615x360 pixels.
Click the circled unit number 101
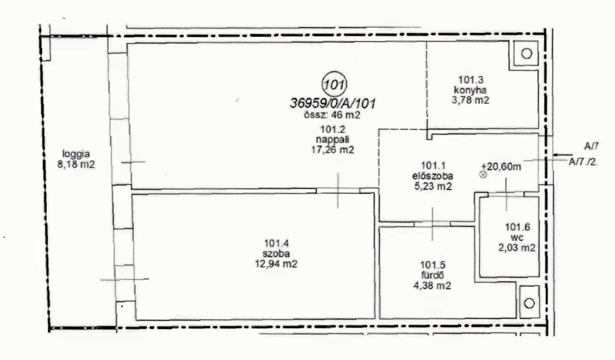pyautogui.click(x=334, y=85)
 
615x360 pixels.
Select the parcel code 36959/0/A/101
pyautogui.click(x=333, y=104)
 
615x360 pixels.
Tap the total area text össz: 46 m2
pyautogui.click(x=332, y=115)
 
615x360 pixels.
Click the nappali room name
pyautogui.click(x=332, y=139)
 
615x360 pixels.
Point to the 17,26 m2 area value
pyautogui.click(x=332, y=150)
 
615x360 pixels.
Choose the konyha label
pyautogui.click(x=470, y=90)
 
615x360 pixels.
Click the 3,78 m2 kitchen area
pyautogui.click(x=470, y=100)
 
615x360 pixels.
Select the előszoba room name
pyautogui.click(x=433, y=176)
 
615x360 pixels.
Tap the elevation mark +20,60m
pyautogui.click(x=501, y=167)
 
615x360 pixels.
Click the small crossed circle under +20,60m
pyautogui.click(x=483, y=174)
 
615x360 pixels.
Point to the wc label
pyautogui.click(x=517, y=237)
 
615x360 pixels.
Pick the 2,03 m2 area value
pyautogui.click(x=517, y=248)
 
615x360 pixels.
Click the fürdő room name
pyautogui.click(x=433, y=275)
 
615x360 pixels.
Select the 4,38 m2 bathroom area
pyautogui.click(x=432, y=285)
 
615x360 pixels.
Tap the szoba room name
pyautogui.click(x=276, y=254)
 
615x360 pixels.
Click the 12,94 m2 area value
pyautogui.click(x=276, y=264)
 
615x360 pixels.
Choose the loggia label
pyautogui.click(x=76, y=154)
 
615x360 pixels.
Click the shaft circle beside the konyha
pyautogui.click(x=527, y=53)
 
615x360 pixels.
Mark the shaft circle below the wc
pyautogui.click(x=529, y=303)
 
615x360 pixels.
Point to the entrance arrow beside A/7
pyautogui.click(x=563, y=155)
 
